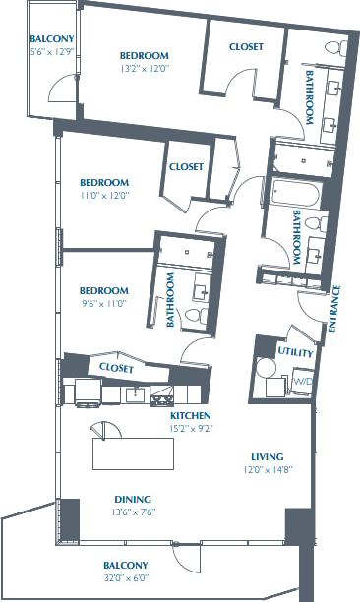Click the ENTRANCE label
333,309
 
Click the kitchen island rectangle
133,454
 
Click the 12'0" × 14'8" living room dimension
267,470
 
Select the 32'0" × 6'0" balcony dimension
127,579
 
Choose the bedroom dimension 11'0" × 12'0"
104,196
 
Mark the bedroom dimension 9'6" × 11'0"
103,305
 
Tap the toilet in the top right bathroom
332,48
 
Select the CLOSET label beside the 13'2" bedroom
244,46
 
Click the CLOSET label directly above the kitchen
116,368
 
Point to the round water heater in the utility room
266,368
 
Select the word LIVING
267,456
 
